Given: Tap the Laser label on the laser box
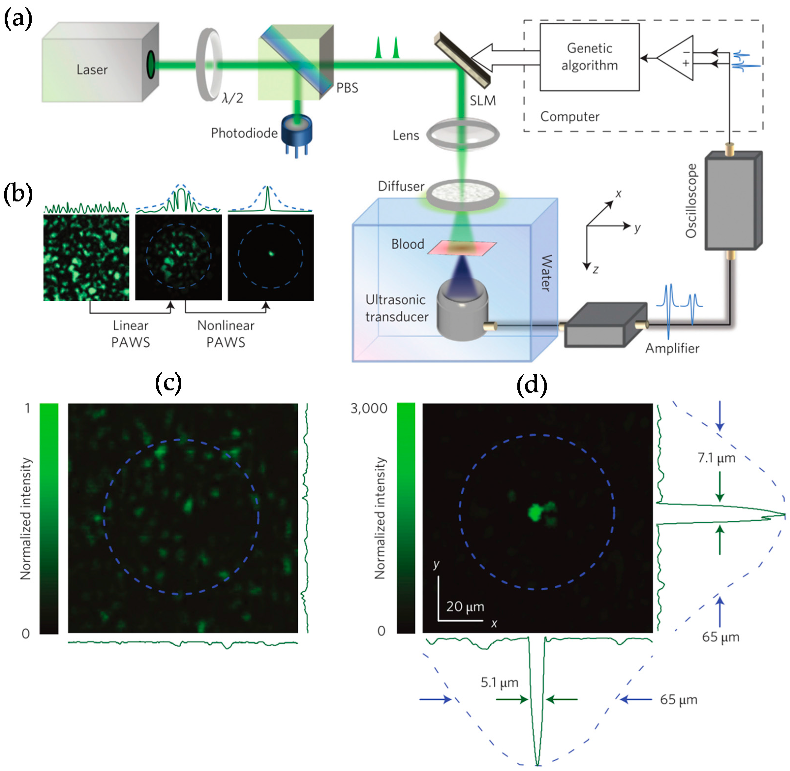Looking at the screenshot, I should (x=92, y=70).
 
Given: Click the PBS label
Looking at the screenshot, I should (x=347, y=88).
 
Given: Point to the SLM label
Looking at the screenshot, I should (x=482, y=100).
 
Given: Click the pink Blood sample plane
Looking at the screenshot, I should (x=462, y=248).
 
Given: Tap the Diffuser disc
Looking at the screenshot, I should (x=462, y=194).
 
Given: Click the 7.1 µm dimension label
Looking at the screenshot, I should (x=716, y=458).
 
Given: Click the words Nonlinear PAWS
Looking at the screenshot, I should (x=226, y=334).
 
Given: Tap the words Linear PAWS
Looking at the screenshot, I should (x=130, y=334).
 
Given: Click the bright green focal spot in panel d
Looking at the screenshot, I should (x=535, y=512).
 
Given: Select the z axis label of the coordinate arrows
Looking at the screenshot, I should (x=596, y=270).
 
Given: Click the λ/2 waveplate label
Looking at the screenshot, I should (x=232, y=98).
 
